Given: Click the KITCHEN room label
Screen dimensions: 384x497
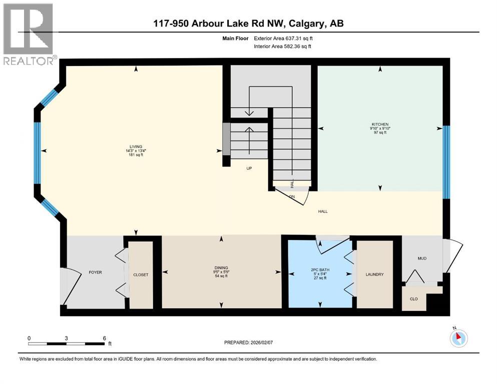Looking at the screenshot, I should [x=380, y=124].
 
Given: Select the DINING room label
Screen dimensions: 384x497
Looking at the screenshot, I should [x=221, y=267].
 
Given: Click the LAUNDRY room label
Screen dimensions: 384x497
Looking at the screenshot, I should [x=374, y=274].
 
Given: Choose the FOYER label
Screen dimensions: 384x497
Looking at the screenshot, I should [x=95, y=272].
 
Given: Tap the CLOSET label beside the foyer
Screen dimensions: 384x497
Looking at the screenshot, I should [x=141, y=275].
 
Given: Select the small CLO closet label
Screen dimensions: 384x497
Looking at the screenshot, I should [x=414, y=298].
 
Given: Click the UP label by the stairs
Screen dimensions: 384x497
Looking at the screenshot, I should [x=248, y=168].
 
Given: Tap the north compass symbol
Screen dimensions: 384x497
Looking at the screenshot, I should [x=458, y=338].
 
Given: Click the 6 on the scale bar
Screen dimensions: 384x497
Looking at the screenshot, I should [x=104, y=338].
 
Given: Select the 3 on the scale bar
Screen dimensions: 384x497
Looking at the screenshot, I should [x=66, y=338].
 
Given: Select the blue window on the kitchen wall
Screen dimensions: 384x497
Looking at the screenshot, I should [x=446, y=161].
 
